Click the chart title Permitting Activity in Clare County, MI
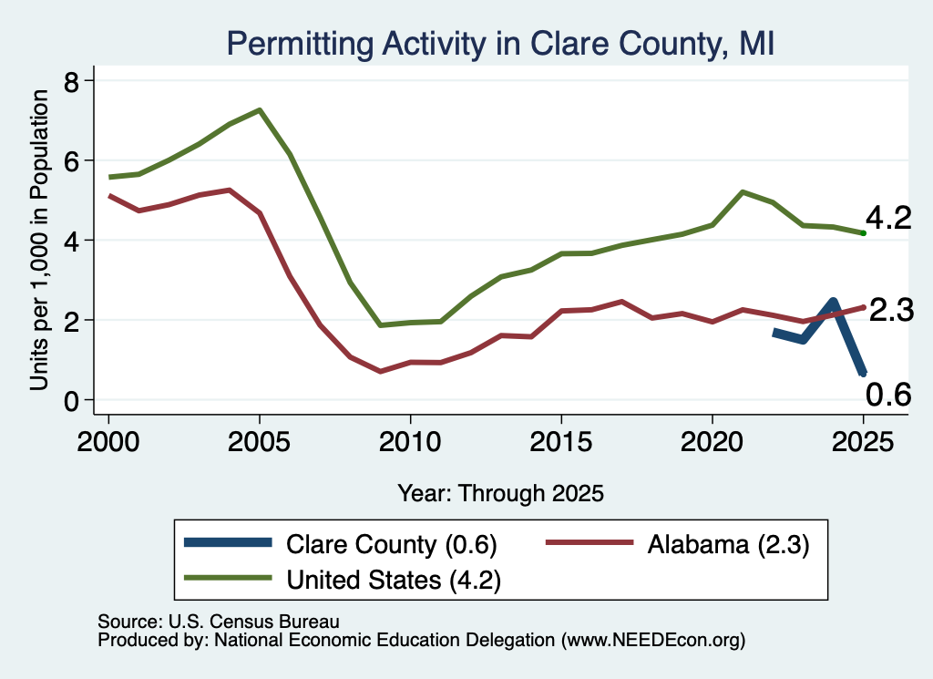500,44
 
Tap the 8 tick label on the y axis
71,81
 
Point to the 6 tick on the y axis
71,160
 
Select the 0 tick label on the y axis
71,400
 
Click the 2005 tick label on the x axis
259,441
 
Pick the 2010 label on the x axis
410,441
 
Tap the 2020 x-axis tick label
712,441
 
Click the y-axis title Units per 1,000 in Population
39,240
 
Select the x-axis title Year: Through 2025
500,493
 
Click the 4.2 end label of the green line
888,219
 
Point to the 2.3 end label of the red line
891,310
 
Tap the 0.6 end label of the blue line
887,395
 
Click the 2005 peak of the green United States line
260,110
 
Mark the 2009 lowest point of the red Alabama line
380,371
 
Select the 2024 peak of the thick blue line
833,302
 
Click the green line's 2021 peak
742,192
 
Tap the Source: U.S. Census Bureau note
219,622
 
